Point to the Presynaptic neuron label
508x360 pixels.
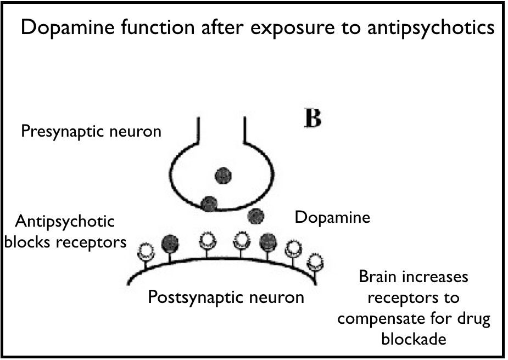tap(91, 132)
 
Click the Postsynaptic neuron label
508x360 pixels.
tap(226, 297)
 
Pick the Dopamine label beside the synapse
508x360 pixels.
tap(332, 217)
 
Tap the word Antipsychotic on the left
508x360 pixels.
tap(65, 222)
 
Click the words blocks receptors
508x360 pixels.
tap(65, 241)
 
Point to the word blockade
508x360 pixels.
tap(414, 339)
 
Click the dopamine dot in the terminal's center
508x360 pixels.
tap(224, 176)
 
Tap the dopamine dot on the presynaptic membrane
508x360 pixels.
tap(209, 204)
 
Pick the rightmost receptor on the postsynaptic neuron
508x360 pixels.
tap(315, 261)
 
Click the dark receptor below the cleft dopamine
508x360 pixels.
tap(267, 241)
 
